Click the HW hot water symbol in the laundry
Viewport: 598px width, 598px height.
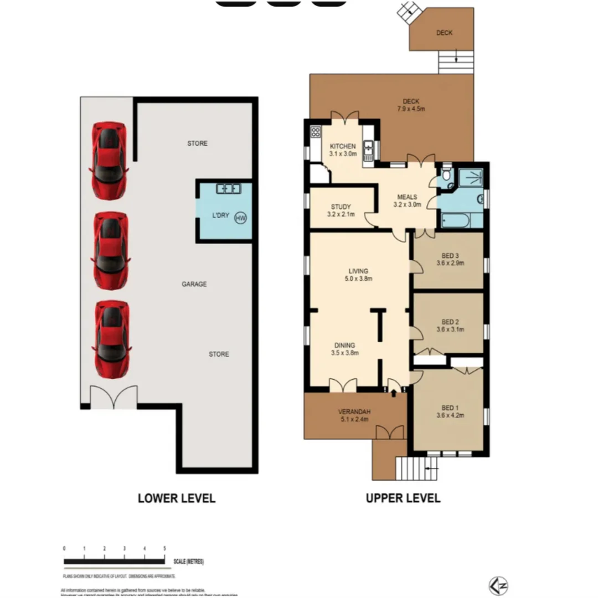tap(240, 218)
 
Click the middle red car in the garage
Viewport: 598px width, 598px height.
tap(111, 250)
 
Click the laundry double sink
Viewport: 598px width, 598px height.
tap(228, 189)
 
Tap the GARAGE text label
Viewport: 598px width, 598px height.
tap(194, 284)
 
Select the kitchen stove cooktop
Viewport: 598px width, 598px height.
tap(316, 132)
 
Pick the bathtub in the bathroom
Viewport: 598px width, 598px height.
tap(456, 220)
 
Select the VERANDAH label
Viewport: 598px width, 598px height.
tap(354, 411)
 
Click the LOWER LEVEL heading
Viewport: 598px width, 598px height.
tap(176, 498)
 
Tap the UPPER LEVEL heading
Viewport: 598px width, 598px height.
tap(403, 498)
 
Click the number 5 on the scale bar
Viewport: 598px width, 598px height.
tap(164, 548)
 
